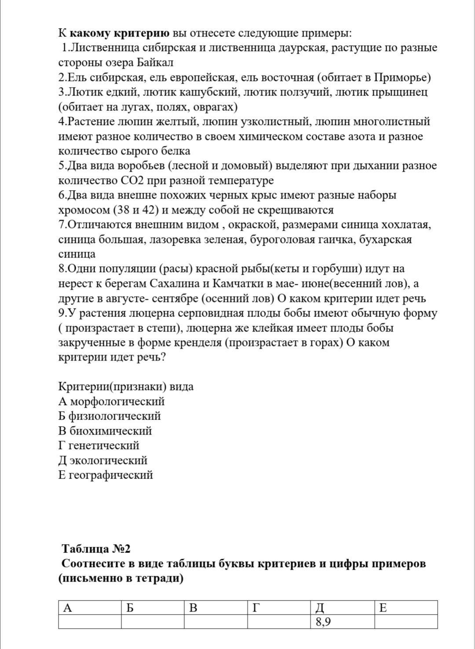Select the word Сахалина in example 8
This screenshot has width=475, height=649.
tap(177, 284)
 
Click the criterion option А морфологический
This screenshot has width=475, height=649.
tap(111, 402)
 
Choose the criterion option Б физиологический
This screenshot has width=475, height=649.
tap(110, 416)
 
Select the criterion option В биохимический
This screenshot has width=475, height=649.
tap(105, 431)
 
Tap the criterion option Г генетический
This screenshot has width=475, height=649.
tap(99, 446)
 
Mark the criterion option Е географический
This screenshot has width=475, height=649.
tap(106, 475)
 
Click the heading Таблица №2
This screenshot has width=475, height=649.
tap(96, 549)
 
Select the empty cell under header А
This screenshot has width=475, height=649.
tap(90, 622)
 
